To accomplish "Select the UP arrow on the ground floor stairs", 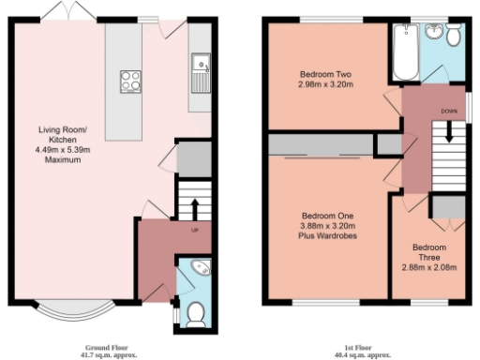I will coord(194,207).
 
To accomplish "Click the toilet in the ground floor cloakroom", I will coord(196,313).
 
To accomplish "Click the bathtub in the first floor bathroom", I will coord(406,54).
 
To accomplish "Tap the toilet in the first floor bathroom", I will coord(454,36).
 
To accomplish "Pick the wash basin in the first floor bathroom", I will coord(433,34).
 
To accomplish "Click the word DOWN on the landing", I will coord(449,110).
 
